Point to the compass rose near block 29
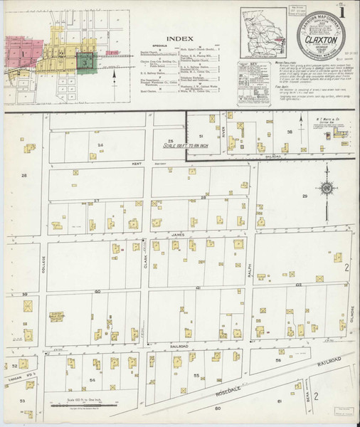click(327, 188)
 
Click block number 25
click(170, 141)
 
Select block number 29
click(305, 196)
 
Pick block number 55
click(196, 374)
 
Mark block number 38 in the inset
click(290, 131)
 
